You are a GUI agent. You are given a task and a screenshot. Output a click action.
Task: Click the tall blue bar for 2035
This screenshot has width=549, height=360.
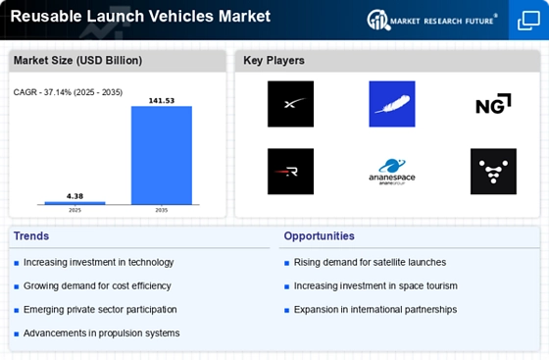pyautogui.click(x=162, y=155)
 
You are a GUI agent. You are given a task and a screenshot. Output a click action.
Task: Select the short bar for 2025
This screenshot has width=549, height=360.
pyautogui.click(x=75, y=203)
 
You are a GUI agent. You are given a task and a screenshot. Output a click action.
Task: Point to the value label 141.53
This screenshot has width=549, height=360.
pyautogui.click(x=162, y=100)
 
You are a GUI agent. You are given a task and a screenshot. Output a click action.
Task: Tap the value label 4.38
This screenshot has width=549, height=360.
pyautogui.click(x=75, y=196)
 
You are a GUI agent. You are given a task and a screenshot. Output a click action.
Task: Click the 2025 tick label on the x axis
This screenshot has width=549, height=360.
pyautogui.click(x=75, y=210)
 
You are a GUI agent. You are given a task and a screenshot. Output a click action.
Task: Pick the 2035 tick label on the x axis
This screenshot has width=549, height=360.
pyautogui.click(x=162, y=210)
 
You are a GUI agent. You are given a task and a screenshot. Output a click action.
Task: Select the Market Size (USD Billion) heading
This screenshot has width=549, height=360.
pyautogui.click(x=77, y=60)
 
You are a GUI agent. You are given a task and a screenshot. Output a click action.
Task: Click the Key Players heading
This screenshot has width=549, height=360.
pyautogui.click(x=274, y=60)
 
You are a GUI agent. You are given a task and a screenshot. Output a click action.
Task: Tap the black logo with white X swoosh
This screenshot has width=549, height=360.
pyautogui.click(x=290, y=104)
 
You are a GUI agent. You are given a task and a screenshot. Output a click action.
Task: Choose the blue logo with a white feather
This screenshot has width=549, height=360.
pyautogui.click(x=392, y=104)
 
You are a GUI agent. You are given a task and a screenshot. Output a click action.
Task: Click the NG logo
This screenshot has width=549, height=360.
pyautogui.click(x=493, y=104)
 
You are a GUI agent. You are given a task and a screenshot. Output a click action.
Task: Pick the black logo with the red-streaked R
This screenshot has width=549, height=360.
pyautogui.click(x=290, y=172)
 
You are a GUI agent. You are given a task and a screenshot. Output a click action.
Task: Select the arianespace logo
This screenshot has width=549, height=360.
pyautogui.click(x=392, y=172)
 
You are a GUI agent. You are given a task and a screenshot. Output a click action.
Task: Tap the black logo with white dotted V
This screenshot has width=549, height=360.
pyautogui.click(x=493, y=172)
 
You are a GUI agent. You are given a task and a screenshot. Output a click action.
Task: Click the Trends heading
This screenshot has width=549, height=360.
pyautogui.click(x=31, y=236)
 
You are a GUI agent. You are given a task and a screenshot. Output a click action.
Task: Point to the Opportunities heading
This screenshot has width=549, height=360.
pyautogui.click(x=319, y=236)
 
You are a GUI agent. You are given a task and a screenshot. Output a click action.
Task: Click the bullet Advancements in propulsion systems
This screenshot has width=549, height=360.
pyautogui.click(x=102, y=334)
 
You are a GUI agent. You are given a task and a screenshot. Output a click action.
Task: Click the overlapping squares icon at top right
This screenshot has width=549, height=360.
pyautogui.click(x=528, y=21)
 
